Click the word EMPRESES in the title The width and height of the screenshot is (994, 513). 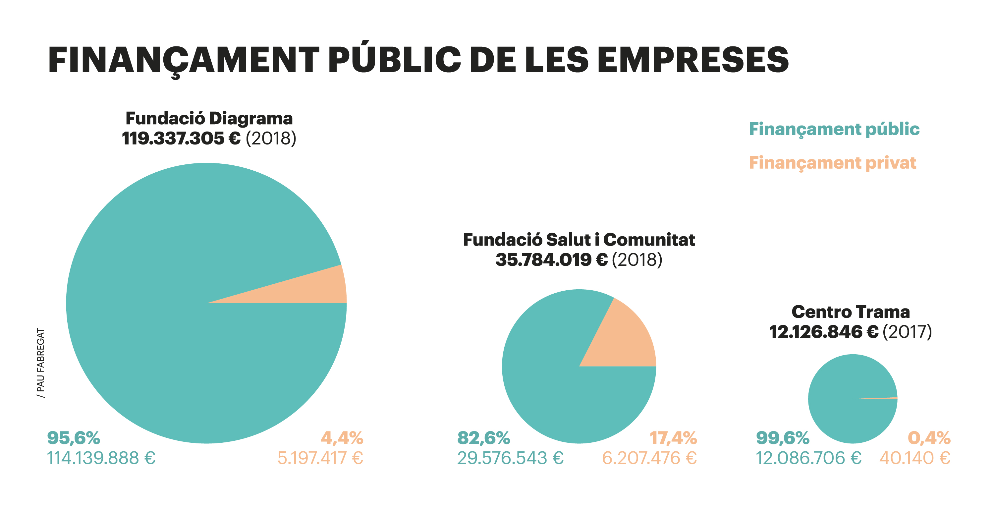[x=692, y=60]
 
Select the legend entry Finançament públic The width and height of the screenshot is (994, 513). [x=834, y=129]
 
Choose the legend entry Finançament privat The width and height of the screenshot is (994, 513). [x=832, y=163]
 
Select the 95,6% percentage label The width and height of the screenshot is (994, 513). [x=73, y=438]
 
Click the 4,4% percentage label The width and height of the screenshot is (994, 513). [x=342, y=438]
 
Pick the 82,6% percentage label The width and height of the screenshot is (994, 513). [x=483, y=438]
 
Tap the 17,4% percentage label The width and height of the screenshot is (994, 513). [x=673, y=438]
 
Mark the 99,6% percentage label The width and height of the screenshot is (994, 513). [x=783, y=438]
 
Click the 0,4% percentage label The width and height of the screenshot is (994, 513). [x=929, y=438]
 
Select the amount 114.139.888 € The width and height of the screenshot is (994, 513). [x=101, y=458]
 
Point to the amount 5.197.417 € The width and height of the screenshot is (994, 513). [x=320, y=458]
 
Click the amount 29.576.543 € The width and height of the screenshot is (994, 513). [x=510, y=458]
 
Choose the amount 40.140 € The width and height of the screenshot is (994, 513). [x=914, y=458]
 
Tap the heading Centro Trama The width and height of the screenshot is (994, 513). [x=851, y=312]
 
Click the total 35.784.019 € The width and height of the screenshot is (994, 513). [x=551, y=260]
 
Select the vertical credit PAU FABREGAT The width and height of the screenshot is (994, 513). [x=41, y=363]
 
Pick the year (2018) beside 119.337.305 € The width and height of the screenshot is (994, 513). [x=271, y=139]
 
